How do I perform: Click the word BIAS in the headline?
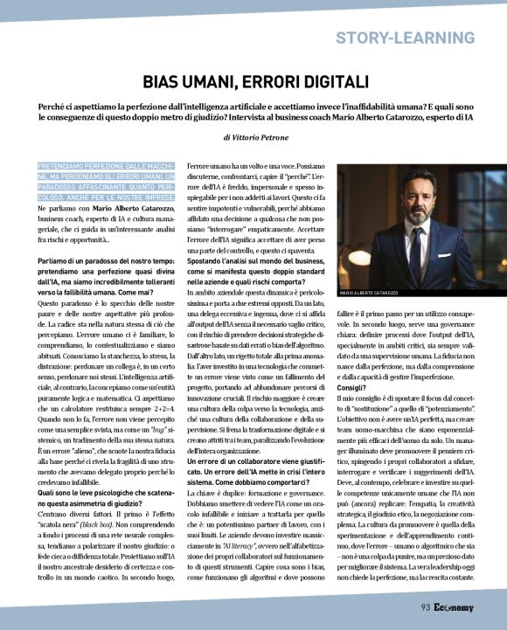[163, 83]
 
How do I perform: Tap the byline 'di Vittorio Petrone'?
[253, 137]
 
